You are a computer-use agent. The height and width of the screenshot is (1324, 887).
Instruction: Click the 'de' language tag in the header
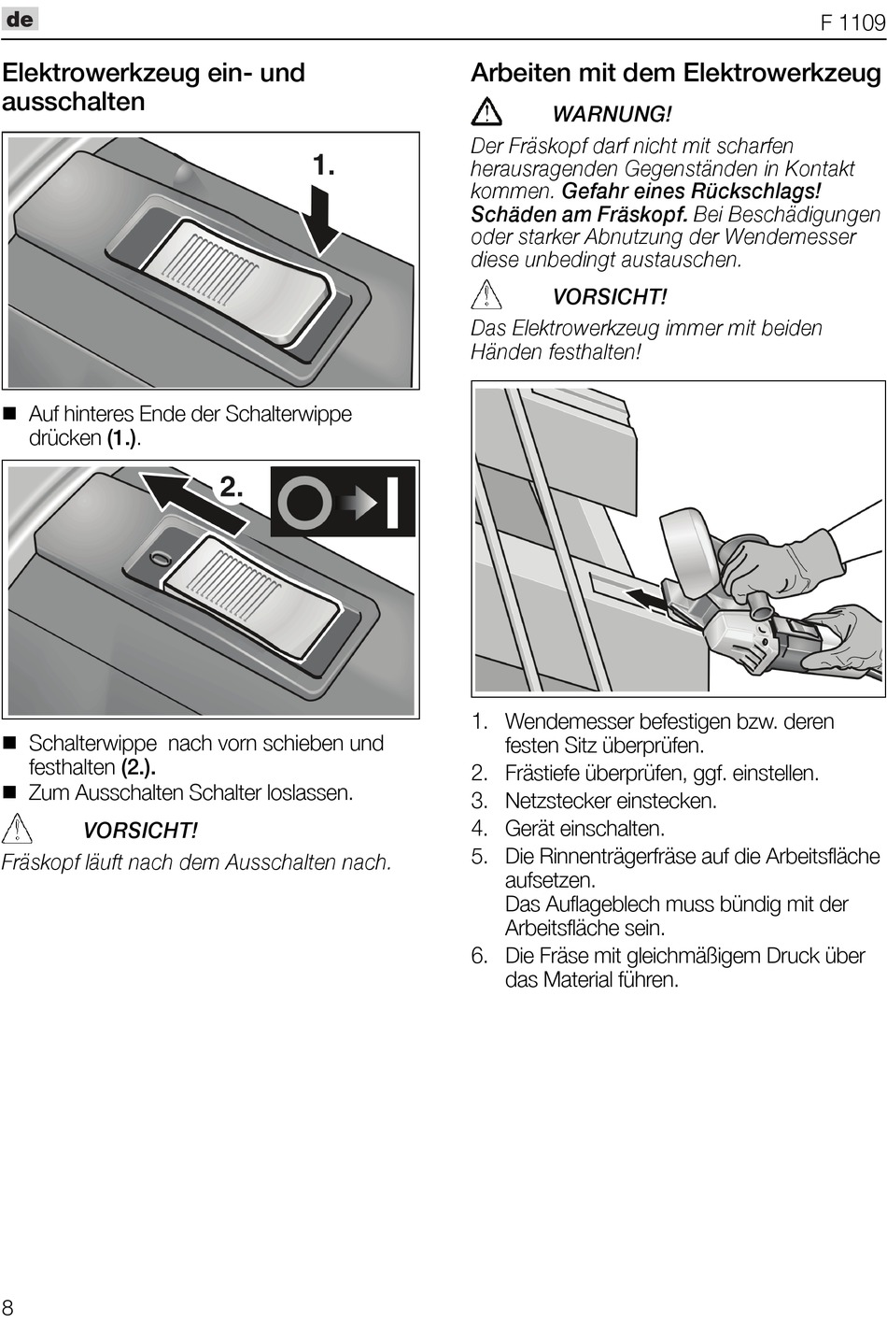(20, 19)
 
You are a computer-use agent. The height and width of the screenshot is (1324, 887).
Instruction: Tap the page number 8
(8, 1306)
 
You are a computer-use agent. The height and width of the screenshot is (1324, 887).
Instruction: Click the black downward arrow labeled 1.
(322, 217)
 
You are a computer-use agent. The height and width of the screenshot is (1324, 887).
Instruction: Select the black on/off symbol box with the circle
(343, 502)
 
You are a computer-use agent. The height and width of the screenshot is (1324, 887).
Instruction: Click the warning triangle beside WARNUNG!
(486, 112)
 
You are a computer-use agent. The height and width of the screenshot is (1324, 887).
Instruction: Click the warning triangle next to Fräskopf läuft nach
(18, 830)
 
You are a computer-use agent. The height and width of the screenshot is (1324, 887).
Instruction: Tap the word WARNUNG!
(612, 114)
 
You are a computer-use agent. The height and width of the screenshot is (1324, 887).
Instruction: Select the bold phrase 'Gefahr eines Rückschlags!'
(691, 192)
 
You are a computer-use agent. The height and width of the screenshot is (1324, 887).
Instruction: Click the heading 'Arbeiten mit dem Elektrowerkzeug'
(676, 73)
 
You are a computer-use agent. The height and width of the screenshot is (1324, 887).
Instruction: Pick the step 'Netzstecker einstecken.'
(611, 801)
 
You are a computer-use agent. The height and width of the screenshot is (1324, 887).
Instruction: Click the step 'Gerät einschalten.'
(584, 828)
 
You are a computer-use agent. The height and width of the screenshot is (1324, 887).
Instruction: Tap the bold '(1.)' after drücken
(124, 438)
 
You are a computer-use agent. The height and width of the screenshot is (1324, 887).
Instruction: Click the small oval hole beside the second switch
(160, 559)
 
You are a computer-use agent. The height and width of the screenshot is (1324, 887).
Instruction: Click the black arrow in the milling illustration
(648, 601)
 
